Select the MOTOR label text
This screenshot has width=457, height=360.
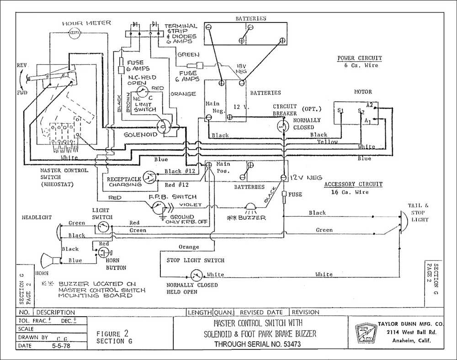pos(363,92)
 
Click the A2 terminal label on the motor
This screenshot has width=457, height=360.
pos(370,105)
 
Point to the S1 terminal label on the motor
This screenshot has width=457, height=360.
pos(340,111)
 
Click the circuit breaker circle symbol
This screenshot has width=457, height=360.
pos(283,126)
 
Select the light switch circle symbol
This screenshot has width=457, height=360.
pos(105,226)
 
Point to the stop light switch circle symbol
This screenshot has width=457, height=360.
pos(196,275)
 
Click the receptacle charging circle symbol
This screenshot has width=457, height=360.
pos(149,177)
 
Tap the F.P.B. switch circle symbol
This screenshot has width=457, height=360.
pos(159,207)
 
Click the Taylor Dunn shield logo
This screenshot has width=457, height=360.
pos(365,332)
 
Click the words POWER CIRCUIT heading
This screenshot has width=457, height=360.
pos(359,58)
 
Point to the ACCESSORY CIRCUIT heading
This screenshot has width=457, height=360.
pos(353,184)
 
